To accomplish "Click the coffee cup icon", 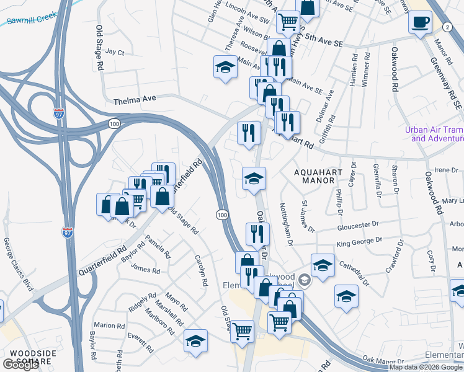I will (x=420, y=22).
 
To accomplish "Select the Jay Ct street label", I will (x=115, y=52).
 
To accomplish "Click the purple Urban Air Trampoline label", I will (x=434, y=134).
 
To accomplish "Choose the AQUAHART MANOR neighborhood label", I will (x=310, y=174).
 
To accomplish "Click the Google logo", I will (x=20, y=365).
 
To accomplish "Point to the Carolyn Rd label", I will (x=200, y=270).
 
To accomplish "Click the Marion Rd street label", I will (x=105, y=325).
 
